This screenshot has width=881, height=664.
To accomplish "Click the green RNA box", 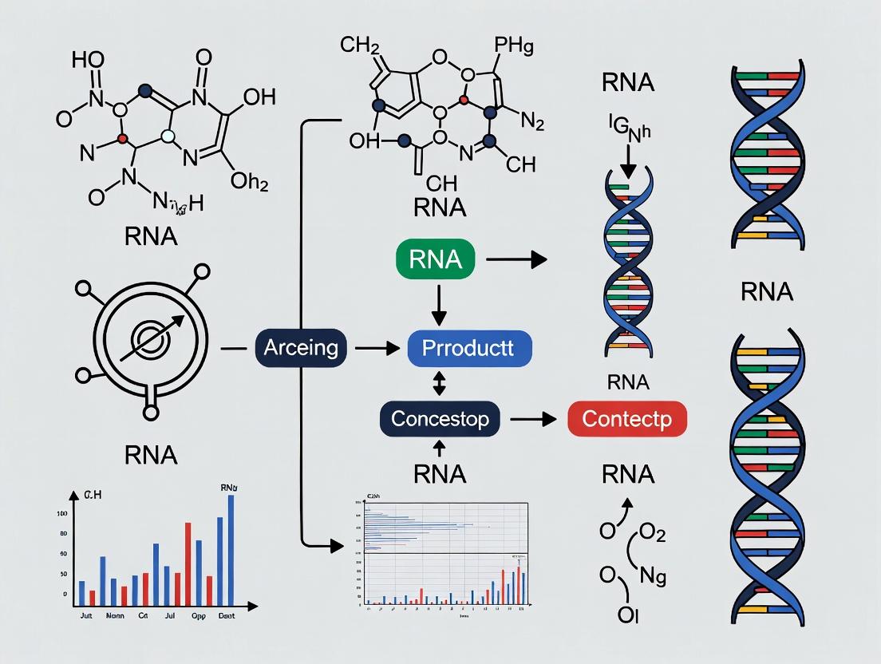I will pyautogui.click(x=435, y=259).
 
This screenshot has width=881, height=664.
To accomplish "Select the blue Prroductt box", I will pyautogui.click(x=468, y=348).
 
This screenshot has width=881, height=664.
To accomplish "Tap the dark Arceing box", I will pyautogui.click(x=301, y=348).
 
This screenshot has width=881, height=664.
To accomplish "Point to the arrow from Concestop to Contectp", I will pyautogui.click(x=531, y=417).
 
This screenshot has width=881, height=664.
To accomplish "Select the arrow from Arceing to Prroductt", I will pyautogui.click(x=375, y=348).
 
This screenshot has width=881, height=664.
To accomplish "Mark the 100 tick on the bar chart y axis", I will pyautogui.click(x=61, y=513).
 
